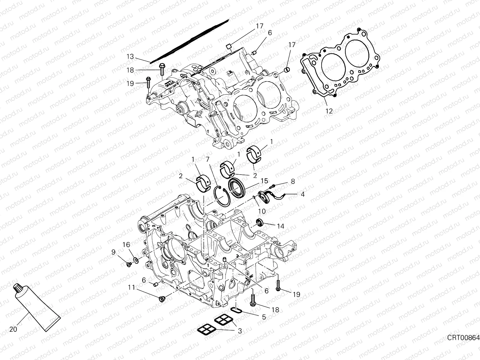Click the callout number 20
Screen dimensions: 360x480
13,329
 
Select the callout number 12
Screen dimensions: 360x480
329,111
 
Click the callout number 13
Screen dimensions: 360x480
130,56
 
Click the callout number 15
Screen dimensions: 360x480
264,181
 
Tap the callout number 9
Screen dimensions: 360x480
113,252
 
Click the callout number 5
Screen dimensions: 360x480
264,317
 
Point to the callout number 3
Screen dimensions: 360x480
240,331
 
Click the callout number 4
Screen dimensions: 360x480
302,194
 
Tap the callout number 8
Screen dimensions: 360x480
292,181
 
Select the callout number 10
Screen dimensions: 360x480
262,211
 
